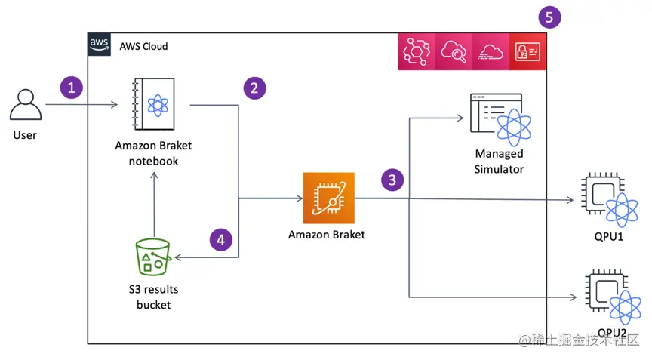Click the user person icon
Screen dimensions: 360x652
[x=25, y=106]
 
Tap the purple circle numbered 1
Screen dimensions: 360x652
[x=72, y=88]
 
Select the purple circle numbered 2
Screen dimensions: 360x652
[x=255, y=88]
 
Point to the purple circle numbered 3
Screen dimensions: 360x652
[x=392, y=180]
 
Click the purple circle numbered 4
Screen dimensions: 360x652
[x=220, y=240]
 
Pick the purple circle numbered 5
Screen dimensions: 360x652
[x=549, y=17]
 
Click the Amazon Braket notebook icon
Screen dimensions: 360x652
[x=152, y=106]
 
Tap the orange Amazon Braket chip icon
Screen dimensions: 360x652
[x=328, y=198]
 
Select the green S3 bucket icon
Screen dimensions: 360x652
[x=153, y=257]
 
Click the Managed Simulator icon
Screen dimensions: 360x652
[x=498, y=118]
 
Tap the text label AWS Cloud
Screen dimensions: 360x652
[x=143, y=46]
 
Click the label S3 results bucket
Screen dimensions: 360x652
[x=153, y=297]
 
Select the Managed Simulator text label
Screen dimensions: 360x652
[x=499, y=162]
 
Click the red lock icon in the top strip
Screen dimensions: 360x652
[x=527, y=51]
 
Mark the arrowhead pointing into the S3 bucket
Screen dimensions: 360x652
[x=177, y=257]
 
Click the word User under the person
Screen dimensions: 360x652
[x=25, y=135]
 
